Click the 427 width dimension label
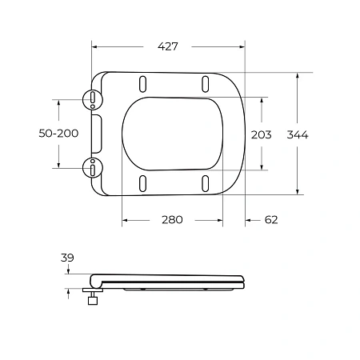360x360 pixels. (166, 46)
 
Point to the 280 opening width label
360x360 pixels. (171, 219)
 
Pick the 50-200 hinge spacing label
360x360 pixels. (58, 134)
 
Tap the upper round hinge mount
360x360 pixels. (94, 99)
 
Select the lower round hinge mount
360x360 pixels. (94, 168)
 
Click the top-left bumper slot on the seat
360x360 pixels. (143, 83)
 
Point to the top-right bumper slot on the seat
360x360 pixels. (206, 83)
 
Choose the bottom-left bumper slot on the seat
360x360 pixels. (143, 183)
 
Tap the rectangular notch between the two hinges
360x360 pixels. (98, 134)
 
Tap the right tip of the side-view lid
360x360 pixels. (244, 281)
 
